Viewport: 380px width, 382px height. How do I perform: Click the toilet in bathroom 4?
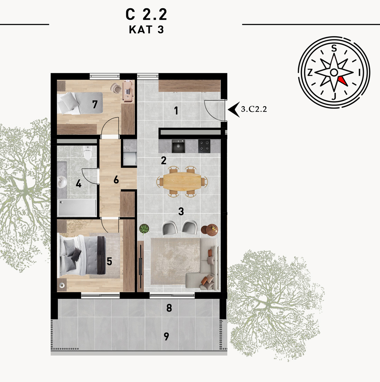pyautogui.click(x=87, y=152)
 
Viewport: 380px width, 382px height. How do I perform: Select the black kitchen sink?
pyautogui.click(x=178, y=146)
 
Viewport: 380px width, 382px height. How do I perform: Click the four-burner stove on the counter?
pyautogui.click(x=204, y=146)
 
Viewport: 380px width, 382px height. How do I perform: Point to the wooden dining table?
pyautogui.click(x=182, y=181)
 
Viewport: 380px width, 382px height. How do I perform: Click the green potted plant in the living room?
pyautogui.click(x=144, y=229)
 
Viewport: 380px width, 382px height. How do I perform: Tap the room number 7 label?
pyautogui.click(x=95, y=104)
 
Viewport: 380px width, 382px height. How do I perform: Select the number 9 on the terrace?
pyautogui.click(x=166, y=336)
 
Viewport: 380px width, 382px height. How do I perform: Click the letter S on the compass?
pyautogui.click(x=334, y=48)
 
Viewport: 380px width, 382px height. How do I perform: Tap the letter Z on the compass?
pyautogui.click(x=310, y=73)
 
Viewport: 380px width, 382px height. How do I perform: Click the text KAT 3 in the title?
pyautogui.click(x=146, y=29)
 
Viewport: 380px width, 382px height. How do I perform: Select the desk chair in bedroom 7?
pyautogui.click(x=116, y=88)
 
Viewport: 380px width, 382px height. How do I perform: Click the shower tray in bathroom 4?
pyautogui.click(x=77, y=207)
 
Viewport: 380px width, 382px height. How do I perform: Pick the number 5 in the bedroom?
pyautogui.click(x=110, y=261)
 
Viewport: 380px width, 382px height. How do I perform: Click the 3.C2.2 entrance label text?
pyautogui.click(x=254, y=109)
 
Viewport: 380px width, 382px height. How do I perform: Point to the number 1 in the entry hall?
pyautogui.click(x=176, y=111)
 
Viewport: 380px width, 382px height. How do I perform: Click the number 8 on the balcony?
pyautogui.click(x=169, y=308)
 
